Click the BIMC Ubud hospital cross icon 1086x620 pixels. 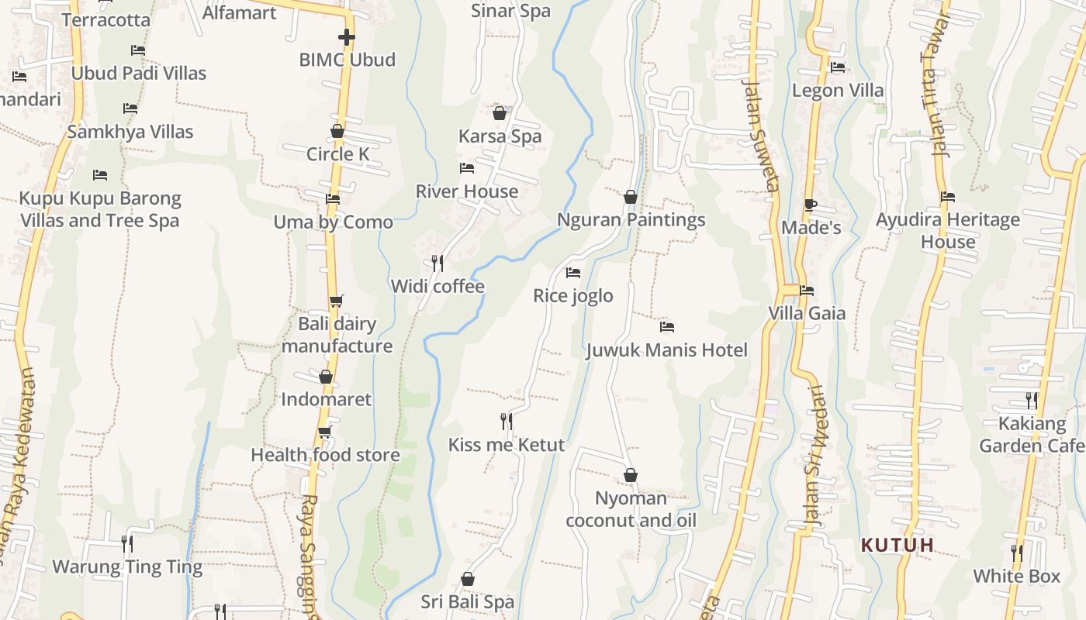(x=347, y=36)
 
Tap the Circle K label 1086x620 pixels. (x=337, y=153)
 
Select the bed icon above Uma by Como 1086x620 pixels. (x=333, y=199)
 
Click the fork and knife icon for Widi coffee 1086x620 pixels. (x=438, y=263)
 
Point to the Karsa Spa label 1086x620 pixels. (x=500, y=136)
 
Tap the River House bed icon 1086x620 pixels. (x=466, y=167)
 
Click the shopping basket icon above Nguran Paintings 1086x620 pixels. (x=631, y=197)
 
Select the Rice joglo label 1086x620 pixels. (x=572, y=295)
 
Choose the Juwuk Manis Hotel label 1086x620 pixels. (x=666, y=350)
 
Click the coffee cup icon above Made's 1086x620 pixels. (x=810, y=205)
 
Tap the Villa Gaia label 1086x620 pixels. (x=807, y=313)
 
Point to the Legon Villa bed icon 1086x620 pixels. (x=837, y=67)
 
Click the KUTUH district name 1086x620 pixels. (x=898, y=545)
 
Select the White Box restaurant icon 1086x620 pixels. (x=1016, y=553)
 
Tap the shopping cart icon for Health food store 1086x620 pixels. (x=325, y=432)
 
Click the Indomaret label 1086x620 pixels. (x=326, y=399)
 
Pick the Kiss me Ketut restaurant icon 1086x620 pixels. (x=506, y=422)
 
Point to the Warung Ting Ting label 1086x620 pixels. (x=127, y=567)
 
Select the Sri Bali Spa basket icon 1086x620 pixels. (x=467, y=579)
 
